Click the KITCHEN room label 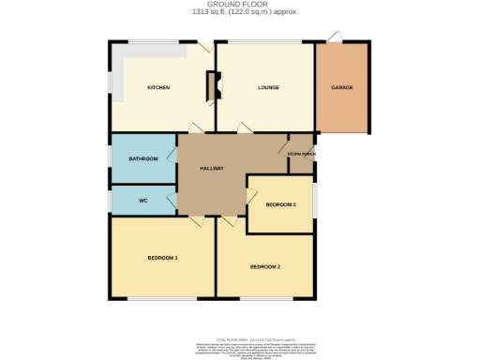coord(157,88)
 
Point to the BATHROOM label coord(142,159)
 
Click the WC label coord(142,201)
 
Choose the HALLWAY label coord(211,169)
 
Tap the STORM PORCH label coord(301,152)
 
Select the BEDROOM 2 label coord(265,267)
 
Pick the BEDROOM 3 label coord(280,204)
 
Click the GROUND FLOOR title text coord(239,5)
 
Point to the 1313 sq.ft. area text coord(239,13)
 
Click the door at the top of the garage coord(336,37)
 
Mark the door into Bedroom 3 coord(250,192)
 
